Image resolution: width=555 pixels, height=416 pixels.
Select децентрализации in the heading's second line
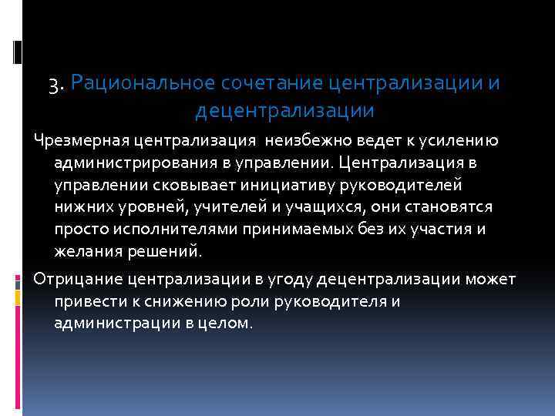click(x=284, y=111)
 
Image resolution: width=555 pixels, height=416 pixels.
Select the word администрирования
click(x=126, y=163)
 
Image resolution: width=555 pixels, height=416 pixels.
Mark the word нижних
click(x=80, y=208)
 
